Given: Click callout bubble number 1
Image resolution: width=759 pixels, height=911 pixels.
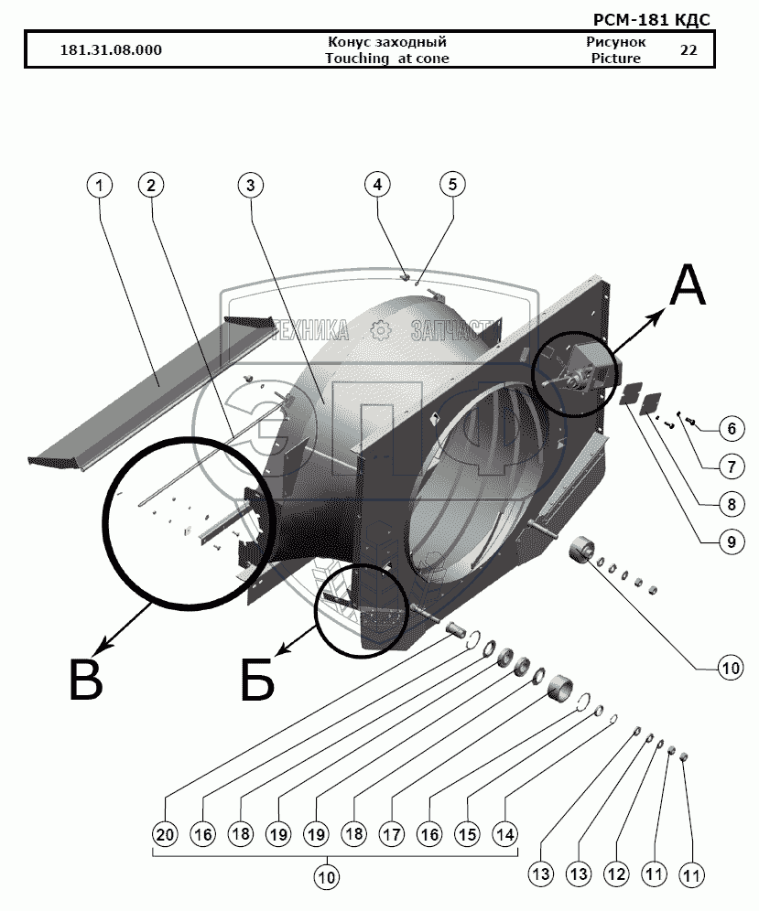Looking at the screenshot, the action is [100, 186].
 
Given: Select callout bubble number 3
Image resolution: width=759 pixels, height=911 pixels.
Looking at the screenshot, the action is [251, 186].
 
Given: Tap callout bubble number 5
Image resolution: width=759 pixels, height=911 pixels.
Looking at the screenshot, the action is [452, 184].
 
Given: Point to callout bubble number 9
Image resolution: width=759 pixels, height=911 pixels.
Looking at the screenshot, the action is [732, 542].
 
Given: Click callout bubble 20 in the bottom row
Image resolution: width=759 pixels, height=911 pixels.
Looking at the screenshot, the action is [165, 834].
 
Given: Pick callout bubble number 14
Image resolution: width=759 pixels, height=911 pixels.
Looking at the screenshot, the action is [504, 834].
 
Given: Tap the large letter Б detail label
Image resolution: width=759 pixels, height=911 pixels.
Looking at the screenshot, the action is [257, 680].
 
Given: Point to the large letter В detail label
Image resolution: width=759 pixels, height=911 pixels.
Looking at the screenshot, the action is [86, 680].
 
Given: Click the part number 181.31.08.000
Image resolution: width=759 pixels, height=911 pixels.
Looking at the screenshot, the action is [111, 50].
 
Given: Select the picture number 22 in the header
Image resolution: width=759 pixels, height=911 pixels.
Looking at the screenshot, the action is [689, 50].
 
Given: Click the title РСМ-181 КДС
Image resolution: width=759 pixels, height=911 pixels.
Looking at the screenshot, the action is [651, 20].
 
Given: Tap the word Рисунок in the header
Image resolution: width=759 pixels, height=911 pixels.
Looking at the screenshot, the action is [616, 42].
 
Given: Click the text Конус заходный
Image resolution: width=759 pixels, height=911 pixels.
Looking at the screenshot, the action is [387, 42].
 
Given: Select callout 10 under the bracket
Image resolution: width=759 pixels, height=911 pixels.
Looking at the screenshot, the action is [326, 877].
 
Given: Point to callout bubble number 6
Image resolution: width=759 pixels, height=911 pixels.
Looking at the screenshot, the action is [732, 429].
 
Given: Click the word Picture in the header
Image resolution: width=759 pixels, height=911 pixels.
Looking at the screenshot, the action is [616, 59].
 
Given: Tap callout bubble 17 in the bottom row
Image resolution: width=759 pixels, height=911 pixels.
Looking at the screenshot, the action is [392, 834].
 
